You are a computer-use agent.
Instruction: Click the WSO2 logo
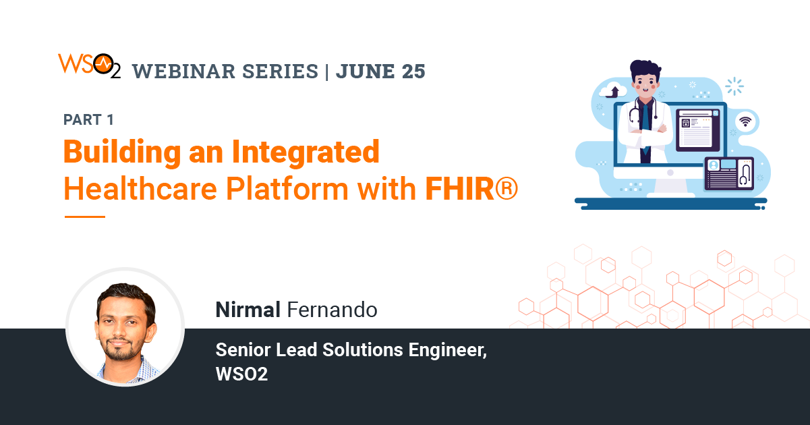[x=89, y=65]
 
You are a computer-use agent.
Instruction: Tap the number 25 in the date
[x=411, y=71]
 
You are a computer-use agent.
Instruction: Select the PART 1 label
[x=88, y=120]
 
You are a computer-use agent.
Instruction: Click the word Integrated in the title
[x=306, y=152]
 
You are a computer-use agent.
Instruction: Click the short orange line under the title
[x=85, y=217]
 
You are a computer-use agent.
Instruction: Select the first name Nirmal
[x=248, y=310]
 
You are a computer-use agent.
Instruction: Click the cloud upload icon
[x=614, y=90]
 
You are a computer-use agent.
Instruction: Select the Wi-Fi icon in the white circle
[x=745, y=121]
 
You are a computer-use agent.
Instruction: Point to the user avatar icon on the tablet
[x=714, y=165]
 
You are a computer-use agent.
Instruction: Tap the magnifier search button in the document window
[x=687, y=124]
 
